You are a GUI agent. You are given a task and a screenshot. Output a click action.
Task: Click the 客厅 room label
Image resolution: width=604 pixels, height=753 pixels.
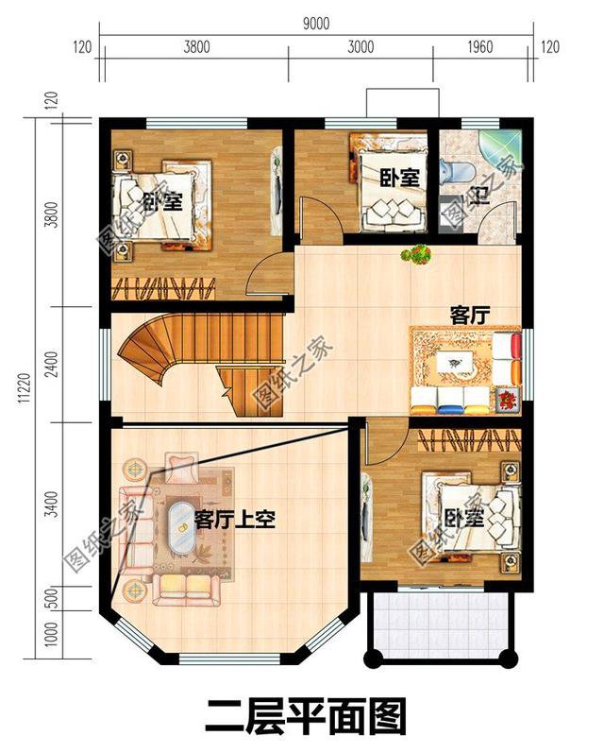(x=467, y=314)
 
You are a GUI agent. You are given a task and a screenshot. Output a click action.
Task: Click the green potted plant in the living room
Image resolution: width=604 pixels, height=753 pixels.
(x=416, y=254)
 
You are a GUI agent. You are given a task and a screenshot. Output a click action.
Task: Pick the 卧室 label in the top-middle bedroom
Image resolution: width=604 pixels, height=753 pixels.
(x=399, y=177)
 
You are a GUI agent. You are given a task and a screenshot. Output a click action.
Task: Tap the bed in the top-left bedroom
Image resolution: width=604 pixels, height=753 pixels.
(x=160, y=201)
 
